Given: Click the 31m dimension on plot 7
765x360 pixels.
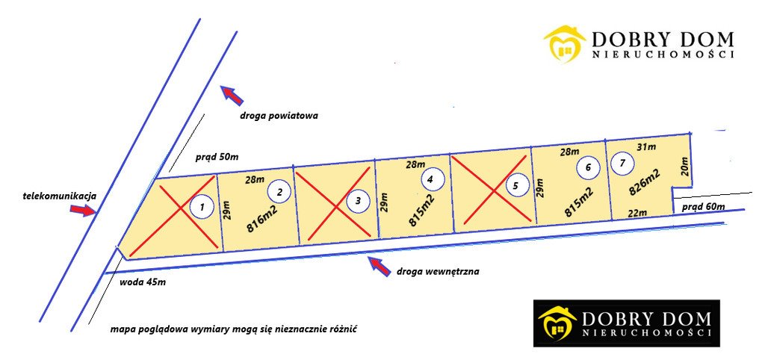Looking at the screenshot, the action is [x=647, y=146].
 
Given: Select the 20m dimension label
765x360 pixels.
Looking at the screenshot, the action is [x=684, y=168].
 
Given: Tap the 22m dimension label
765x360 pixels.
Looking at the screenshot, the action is [x=637, y=212].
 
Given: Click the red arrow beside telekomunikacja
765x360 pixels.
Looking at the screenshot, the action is [x=84, y=210].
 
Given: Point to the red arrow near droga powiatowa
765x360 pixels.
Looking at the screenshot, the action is [x=232, y=95].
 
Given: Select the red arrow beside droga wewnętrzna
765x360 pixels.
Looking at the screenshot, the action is [x=380, y=267].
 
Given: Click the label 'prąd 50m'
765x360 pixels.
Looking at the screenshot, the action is [x=217, y=158].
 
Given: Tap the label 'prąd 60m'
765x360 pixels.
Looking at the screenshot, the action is [x=702, y=207].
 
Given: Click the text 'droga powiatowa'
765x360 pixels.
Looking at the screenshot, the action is [x=279, y=116].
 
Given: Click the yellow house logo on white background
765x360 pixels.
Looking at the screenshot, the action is [x=565, y=45].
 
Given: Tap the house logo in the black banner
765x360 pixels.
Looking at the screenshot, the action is [x=557, y=323].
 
